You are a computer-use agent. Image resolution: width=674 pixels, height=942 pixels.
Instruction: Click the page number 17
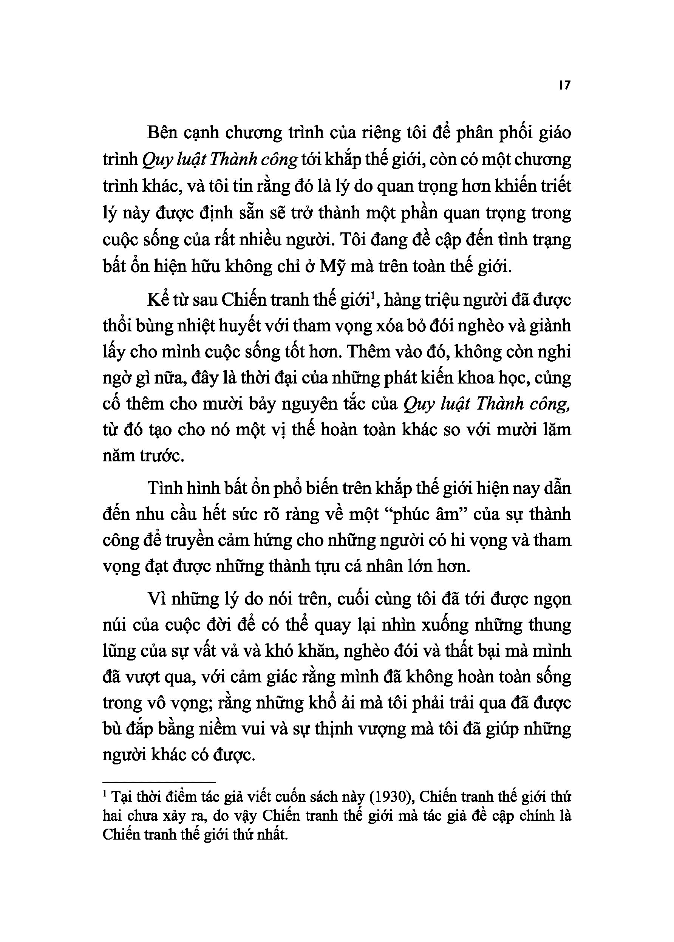tap(565, 85)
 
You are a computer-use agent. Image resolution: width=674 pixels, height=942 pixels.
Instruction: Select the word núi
tap(114, 625)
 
